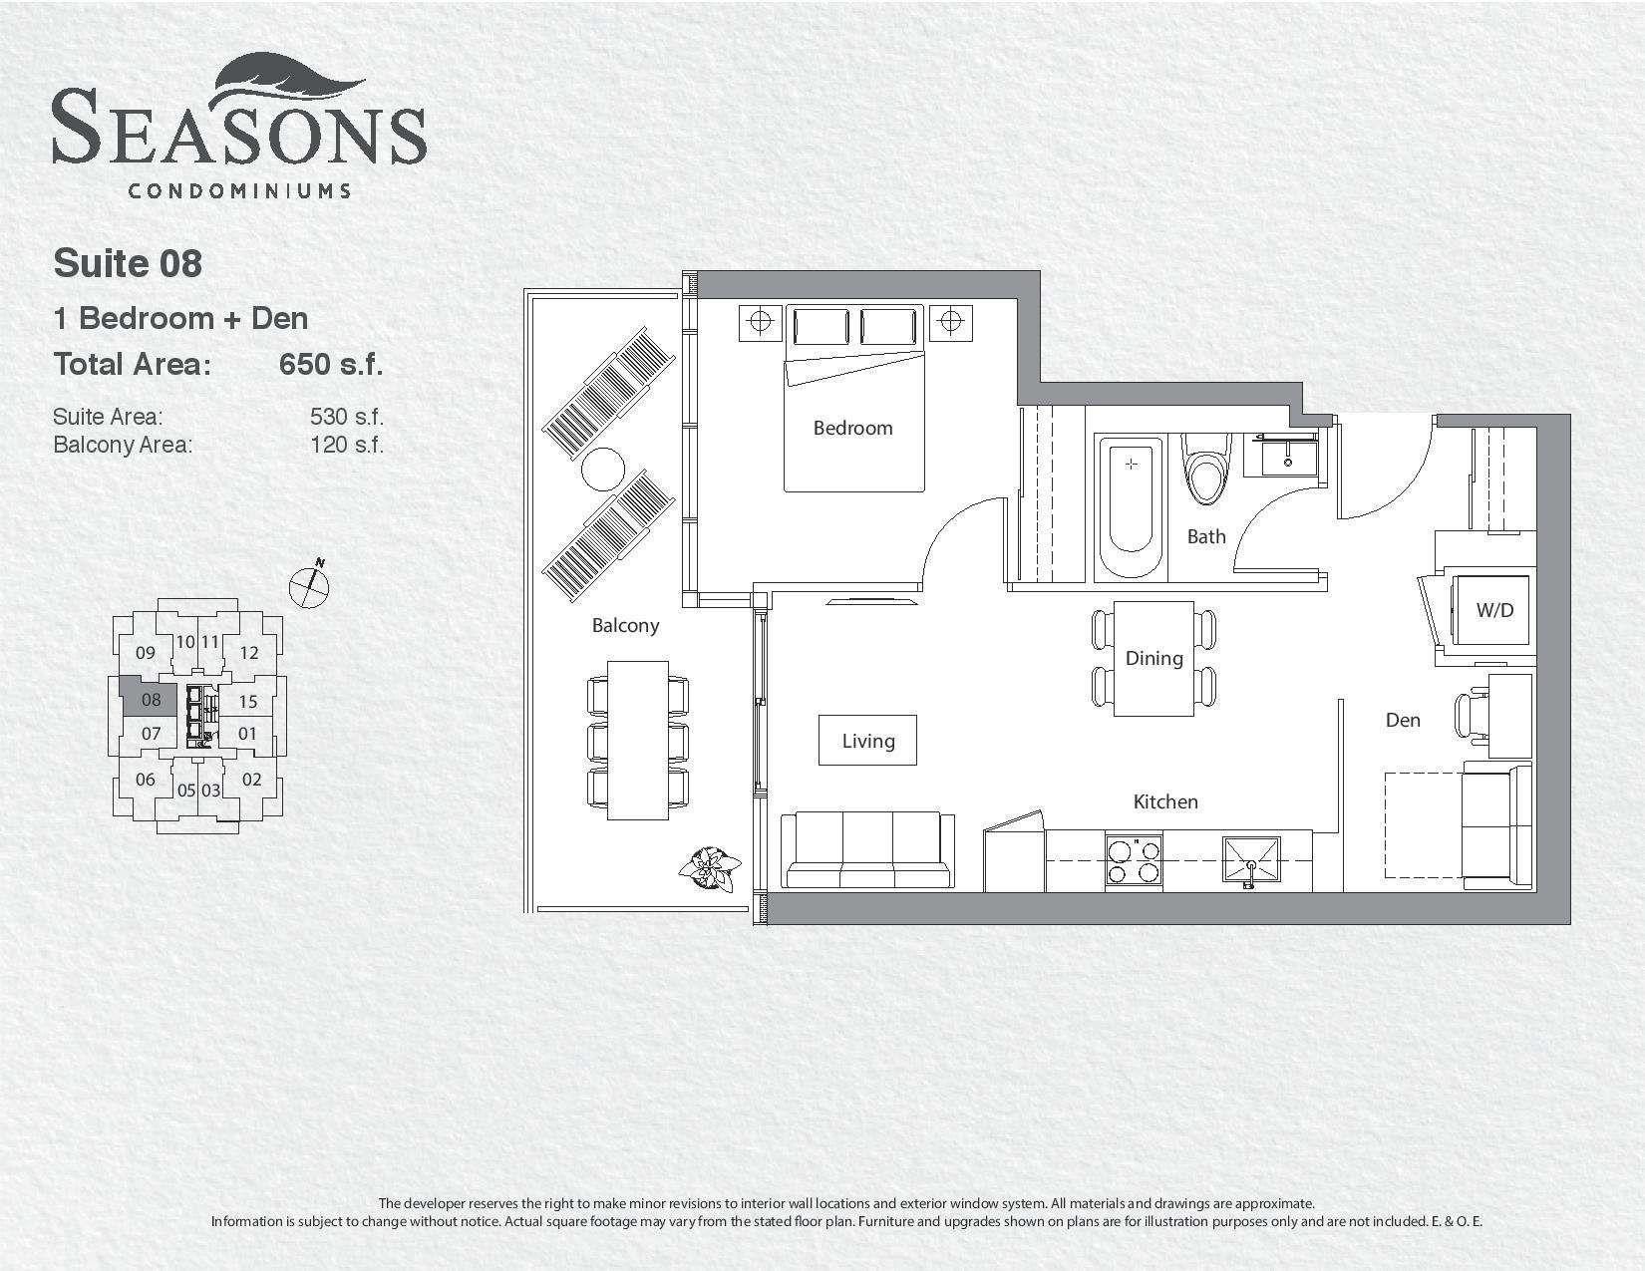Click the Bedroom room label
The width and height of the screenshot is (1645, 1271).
pos(852,429)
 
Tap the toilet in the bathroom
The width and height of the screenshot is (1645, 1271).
pos(1206,468)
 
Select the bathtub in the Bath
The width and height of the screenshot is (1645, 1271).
pos(1131,508)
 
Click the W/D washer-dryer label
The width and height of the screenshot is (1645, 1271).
pos(1493,610)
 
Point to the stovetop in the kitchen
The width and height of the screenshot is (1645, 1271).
pos(1134,860)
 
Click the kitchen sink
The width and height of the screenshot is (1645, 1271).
pos(1251,859)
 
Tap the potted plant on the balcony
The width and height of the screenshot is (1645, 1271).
pos(709,870)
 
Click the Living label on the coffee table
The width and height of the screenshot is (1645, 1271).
pos(867,741)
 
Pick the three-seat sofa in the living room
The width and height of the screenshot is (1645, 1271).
pos(867,850)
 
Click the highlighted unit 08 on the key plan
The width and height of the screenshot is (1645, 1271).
pos(150,699)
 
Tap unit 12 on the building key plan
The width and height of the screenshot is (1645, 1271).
pos(249,653)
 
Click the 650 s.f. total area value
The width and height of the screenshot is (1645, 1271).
pos(331,364)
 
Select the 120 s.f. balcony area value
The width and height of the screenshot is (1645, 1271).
pos(347,445)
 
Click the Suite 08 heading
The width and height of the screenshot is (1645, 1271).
pos(128,263)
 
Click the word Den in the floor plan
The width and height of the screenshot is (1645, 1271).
pos(1403,720)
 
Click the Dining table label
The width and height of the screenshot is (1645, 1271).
pos(1153,658)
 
